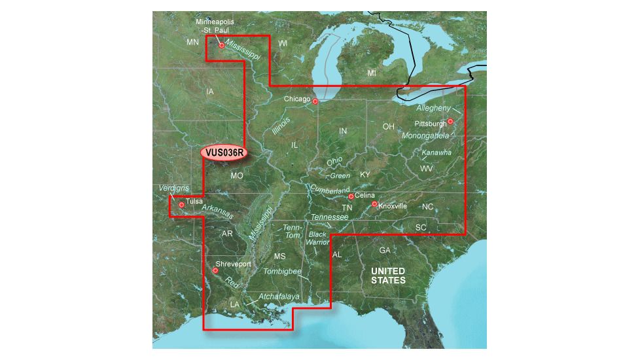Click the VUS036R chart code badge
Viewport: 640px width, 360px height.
tap(224, 153)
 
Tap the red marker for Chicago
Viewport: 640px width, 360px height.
tap(315, 101)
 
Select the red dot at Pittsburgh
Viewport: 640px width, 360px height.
tap(450, 121)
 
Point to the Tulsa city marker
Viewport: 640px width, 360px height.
tap(181, 205)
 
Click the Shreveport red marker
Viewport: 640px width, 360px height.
tap(215, 270)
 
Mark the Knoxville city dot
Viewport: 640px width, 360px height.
tap(374, 204)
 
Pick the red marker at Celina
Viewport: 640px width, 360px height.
tap(351, 196)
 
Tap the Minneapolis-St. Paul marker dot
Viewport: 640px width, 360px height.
tap(222, 45)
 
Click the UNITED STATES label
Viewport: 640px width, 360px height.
tap(388, 276)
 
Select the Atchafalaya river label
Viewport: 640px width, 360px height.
tap(279, 297)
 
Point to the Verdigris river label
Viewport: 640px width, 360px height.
tap(173, 188)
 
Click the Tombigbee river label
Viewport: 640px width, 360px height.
tap(283, 270)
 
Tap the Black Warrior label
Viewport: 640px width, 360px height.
tap(318, 238)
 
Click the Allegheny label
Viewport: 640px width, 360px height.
tap(433, 107)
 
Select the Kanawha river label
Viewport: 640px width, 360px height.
tap(436, 153)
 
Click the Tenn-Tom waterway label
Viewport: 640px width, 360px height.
tap(292, 231)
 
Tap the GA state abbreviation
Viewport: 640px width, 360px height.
tap(385, 251)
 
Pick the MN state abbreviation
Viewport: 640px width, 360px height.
tap(192, 43)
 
